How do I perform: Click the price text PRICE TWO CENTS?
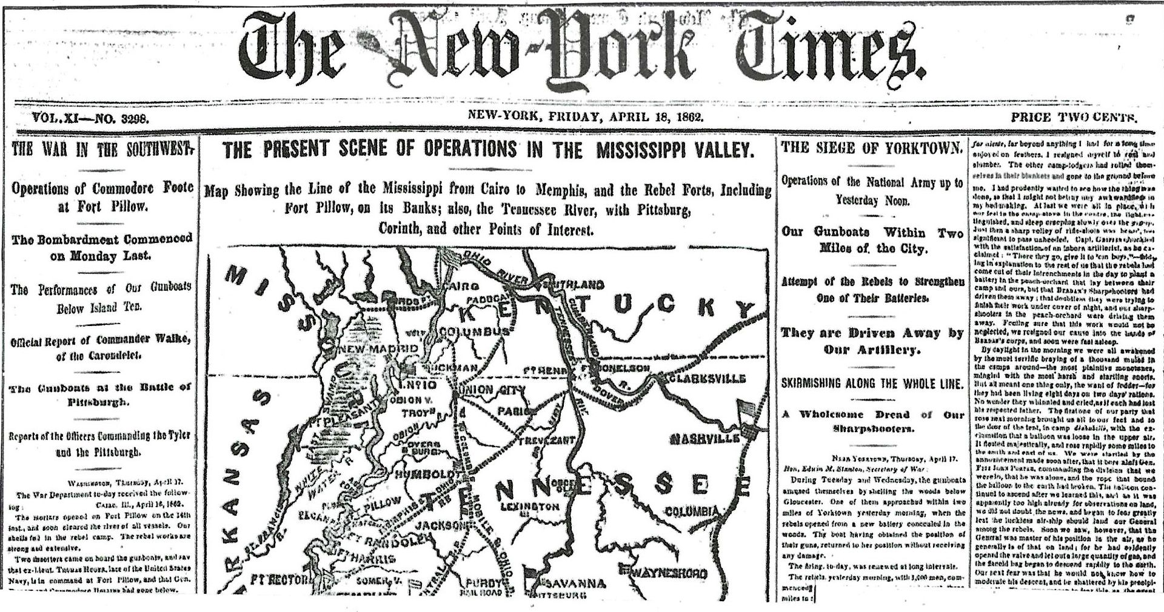point(1074,118)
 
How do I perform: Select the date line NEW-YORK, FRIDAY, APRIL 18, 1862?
point(586,117)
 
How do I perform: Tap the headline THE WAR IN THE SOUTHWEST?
point(102,149)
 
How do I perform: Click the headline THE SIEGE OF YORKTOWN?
point(872,148)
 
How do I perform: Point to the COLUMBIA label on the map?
point(692,512)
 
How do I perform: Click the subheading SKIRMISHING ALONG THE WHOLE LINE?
point(872,384)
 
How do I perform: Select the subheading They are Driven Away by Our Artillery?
point(872,341)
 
